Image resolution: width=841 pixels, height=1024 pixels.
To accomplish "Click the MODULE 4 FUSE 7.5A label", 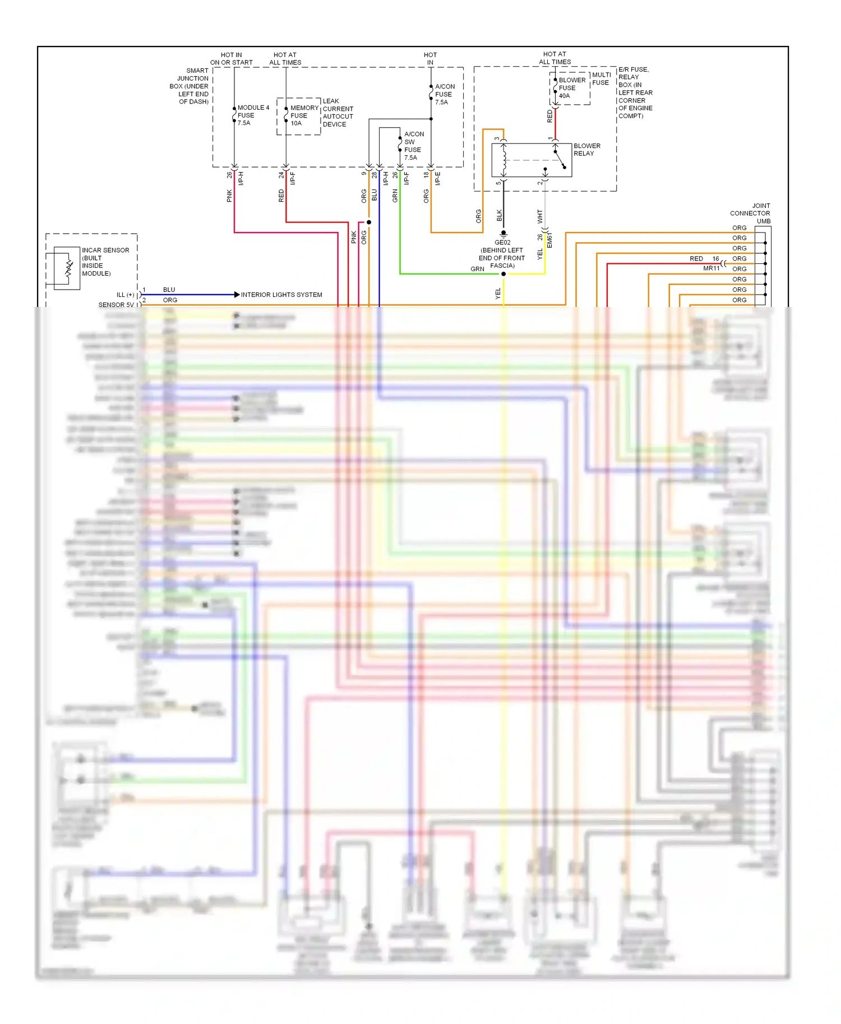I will [253, 115].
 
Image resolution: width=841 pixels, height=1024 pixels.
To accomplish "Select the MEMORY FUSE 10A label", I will [304, 115].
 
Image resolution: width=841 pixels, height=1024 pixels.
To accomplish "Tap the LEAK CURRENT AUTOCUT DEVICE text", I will [338, 113].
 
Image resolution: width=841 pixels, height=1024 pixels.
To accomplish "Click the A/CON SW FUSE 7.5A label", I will [414, 146].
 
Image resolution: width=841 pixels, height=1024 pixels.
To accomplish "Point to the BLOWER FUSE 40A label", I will [571, 88].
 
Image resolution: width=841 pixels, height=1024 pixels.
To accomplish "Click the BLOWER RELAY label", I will [586, 150].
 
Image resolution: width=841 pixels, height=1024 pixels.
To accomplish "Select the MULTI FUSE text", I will [601, 78].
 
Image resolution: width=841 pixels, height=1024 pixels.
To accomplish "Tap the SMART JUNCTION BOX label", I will [190, 86].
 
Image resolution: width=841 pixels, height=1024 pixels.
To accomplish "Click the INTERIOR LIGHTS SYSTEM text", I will [281, 295].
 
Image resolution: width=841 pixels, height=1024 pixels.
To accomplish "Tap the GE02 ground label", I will [502, 243].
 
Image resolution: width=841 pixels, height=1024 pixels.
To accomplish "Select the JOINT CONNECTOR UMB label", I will [750, 213].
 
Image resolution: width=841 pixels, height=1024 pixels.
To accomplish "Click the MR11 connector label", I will [711, 268].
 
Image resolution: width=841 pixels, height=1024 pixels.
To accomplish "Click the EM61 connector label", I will [549, 240].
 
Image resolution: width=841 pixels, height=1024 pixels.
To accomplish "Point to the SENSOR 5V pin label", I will [116, 305].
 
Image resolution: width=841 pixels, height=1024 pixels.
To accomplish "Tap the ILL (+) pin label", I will [126, 295].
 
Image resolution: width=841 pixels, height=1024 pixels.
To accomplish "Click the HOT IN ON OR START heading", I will [231, 59].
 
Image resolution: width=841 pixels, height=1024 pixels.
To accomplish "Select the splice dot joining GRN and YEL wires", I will [503, 274].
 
